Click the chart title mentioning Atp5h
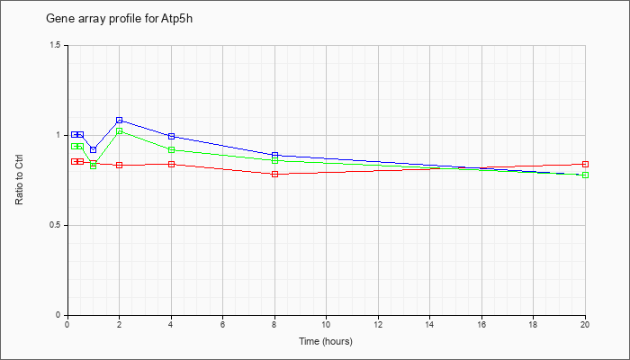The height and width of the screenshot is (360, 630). click(x=120, y=19)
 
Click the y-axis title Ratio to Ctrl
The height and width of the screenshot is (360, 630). click(x=19, y=180)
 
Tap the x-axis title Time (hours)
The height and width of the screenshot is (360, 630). click(x=326, y=341)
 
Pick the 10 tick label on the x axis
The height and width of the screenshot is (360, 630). click(x=326, y=323)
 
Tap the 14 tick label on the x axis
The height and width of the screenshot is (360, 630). click(x=429, y=323)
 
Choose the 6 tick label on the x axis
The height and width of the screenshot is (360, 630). click(x=222, y=323)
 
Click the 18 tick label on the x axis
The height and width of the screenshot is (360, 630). click(x=533, y=323)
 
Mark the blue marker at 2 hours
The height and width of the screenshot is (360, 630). click(x=120, y=120)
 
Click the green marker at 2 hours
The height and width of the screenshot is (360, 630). click(x=120, y=131)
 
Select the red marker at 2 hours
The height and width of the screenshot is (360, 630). click(x=120, y=165)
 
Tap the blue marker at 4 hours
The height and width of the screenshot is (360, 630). click(x=171, y=136)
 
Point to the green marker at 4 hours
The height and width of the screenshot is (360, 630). click(x=171, y=150)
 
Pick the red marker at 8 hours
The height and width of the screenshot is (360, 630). click(x=274, y=174)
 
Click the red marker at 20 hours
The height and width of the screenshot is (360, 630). click(x=585, y=164)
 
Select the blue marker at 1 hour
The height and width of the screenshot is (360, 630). click(x=94, y=150)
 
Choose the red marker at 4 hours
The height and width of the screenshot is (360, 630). click(x=171, y=164)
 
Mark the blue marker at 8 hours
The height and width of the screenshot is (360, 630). click(x=274, y=155)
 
